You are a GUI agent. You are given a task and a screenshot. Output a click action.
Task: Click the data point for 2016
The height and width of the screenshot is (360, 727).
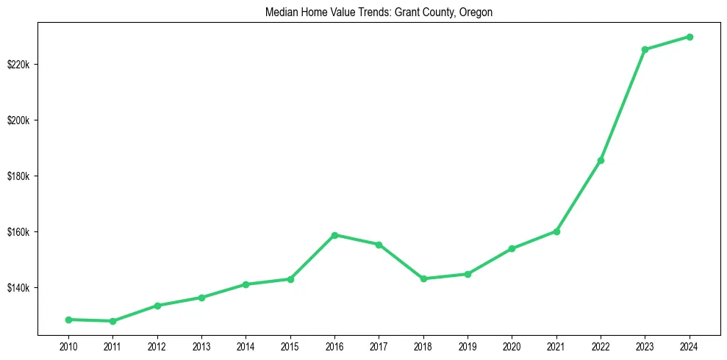334,235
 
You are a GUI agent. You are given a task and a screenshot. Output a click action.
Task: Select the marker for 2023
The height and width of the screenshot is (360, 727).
645,49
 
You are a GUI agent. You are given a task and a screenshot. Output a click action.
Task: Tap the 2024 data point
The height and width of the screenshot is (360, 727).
690,37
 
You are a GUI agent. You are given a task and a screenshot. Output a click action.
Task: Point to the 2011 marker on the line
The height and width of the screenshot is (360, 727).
112,321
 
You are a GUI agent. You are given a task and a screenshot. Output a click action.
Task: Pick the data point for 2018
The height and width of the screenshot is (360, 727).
423,278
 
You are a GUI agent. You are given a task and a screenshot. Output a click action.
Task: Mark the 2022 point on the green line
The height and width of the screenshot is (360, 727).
601,160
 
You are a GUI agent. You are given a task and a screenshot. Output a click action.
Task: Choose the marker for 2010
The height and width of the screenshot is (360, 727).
68,320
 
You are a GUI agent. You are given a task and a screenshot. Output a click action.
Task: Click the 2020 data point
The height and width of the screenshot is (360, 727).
512,248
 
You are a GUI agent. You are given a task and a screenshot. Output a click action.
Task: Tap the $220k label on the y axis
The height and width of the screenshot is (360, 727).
18,65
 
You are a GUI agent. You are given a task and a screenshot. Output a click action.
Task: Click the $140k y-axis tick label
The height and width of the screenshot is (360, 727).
18,288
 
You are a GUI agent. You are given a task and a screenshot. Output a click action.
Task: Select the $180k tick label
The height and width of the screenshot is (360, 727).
18,176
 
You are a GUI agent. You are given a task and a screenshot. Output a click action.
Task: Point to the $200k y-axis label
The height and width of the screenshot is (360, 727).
18,120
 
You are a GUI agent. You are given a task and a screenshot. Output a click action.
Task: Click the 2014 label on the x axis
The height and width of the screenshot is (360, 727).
246,345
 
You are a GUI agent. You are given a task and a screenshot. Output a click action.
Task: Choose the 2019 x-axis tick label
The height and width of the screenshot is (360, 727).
468,345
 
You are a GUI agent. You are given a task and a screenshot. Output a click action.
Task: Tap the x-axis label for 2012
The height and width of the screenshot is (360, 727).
157,345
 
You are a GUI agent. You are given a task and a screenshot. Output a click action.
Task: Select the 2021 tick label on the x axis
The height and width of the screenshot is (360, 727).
556,345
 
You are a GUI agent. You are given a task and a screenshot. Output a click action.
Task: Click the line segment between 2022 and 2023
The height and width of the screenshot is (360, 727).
623,105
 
